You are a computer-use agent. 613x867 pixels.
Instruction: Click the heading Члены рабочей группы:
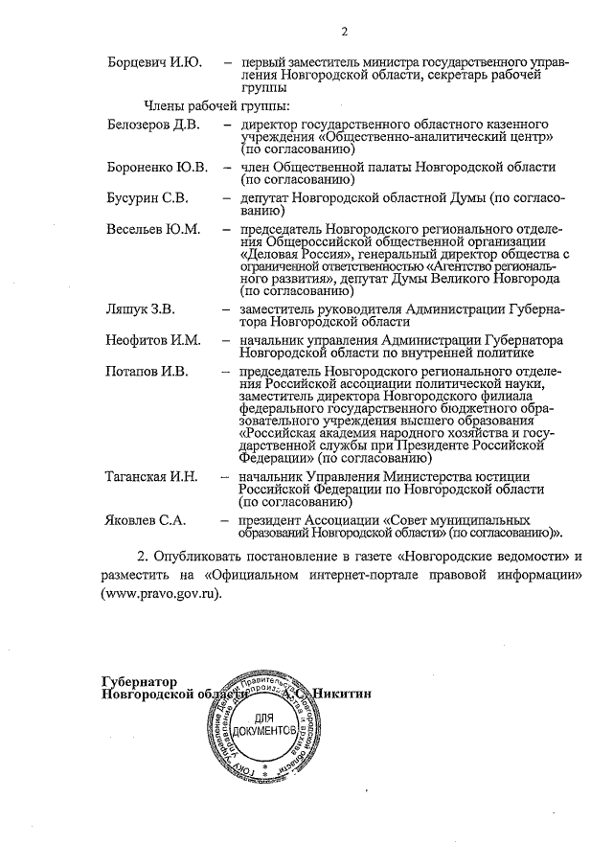point(217,104)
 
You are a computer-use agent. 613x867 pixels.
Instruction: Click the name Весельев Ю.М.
point(152,230)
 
